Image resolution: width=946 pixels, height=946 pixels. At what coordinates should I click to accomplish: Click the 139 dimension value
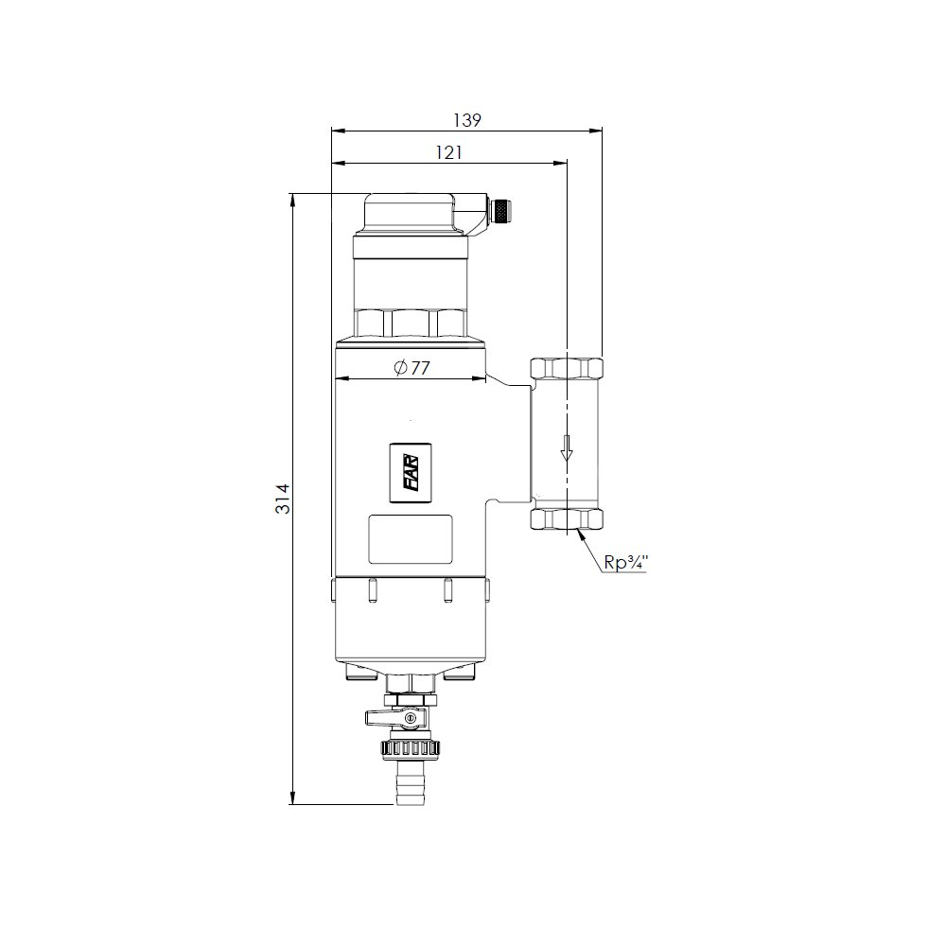pos(467,121)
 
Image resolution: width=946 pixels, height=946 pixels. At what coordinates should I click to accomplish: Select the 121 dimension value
pos(448,152)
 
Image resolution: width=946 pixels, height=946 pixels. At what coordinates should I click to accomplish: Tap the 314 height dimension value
pos(283,499)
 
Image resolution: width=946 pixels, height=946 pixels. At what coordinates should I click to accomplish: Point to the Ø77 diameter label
pos(412,367)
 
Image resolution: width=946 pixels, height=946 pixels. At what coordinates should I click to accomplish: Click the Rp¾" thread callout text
pos(625,562)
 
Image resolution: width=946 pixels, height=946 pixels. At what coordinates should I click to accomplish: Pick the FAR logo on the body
pos(411,472)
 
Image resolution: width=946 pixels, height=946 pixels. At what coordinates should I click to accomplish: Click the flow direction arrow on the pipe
pos(566,447)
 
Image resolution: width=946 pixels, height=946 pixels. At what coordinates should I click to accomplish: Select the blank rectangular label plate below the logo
pos(411,539)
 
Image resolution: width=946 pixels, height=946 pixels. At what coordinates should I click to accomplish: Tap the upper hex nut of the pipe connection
pos(567,368)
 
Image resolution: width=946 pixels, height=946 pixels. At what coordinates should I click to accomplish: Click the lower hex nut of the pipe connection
pos(567,518)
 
